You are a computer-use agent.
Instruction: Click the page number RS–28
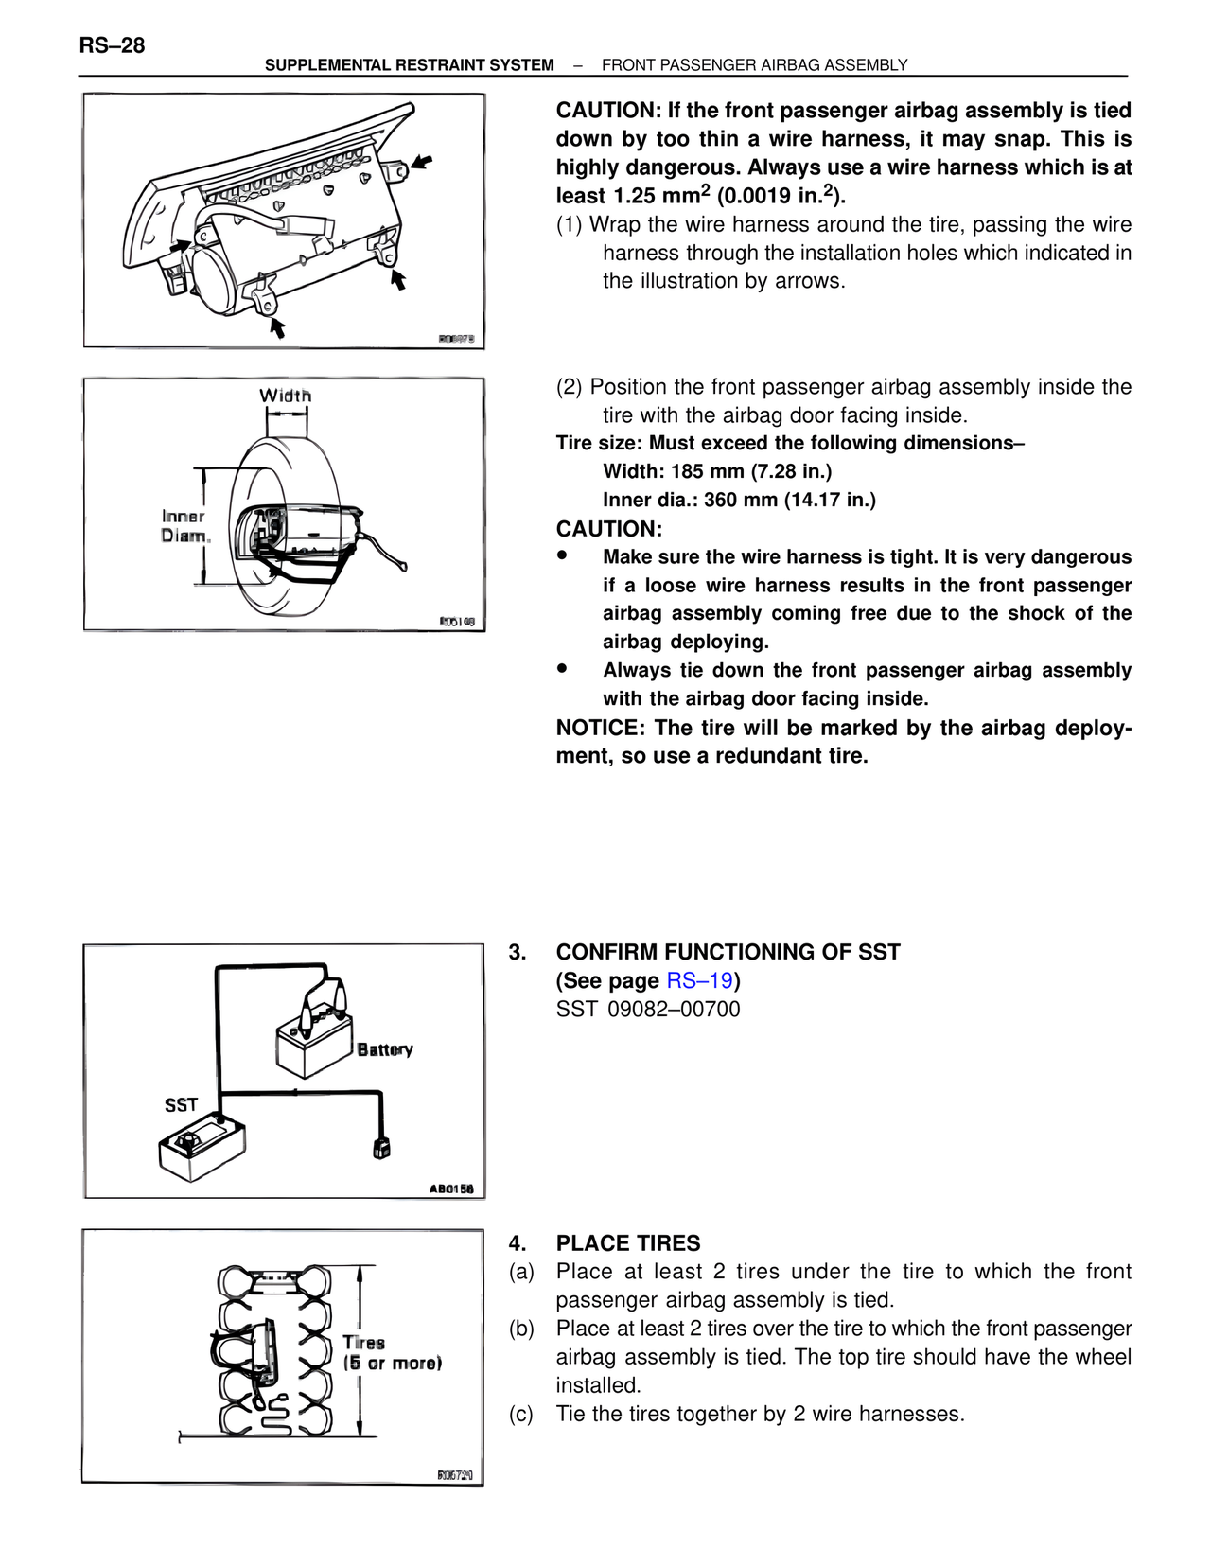pos(112,45)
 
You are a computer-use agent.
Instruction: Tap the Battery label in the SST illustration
pos(385,1049)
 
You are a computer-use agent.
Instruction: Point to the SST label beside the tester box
pos(181,1104)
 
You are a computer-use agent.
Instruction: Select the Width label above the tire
pos(285,396)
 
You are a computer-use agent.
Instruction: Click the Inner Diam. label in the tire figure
pos(184,526)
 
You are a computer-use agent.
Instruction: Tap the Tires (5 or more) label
pos(392,1353)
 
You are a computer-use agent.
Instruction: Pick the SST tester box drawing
pos(202,1147)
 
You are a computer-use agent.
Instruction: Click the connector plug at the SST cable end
pos(381,1148)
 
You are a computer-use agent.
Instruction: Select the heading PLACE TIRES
pos(628,1243)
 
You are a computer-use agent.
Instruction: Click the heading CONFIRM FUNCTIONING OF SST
pos(728,952)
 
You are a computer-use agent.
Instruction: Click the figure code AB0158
pos(451,1188)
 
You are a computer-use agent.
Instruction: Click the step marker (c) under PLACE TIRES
pos(521,1414)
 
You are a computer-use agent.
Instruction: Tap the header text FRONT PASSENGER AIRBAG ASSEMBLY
pos(754,65)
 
